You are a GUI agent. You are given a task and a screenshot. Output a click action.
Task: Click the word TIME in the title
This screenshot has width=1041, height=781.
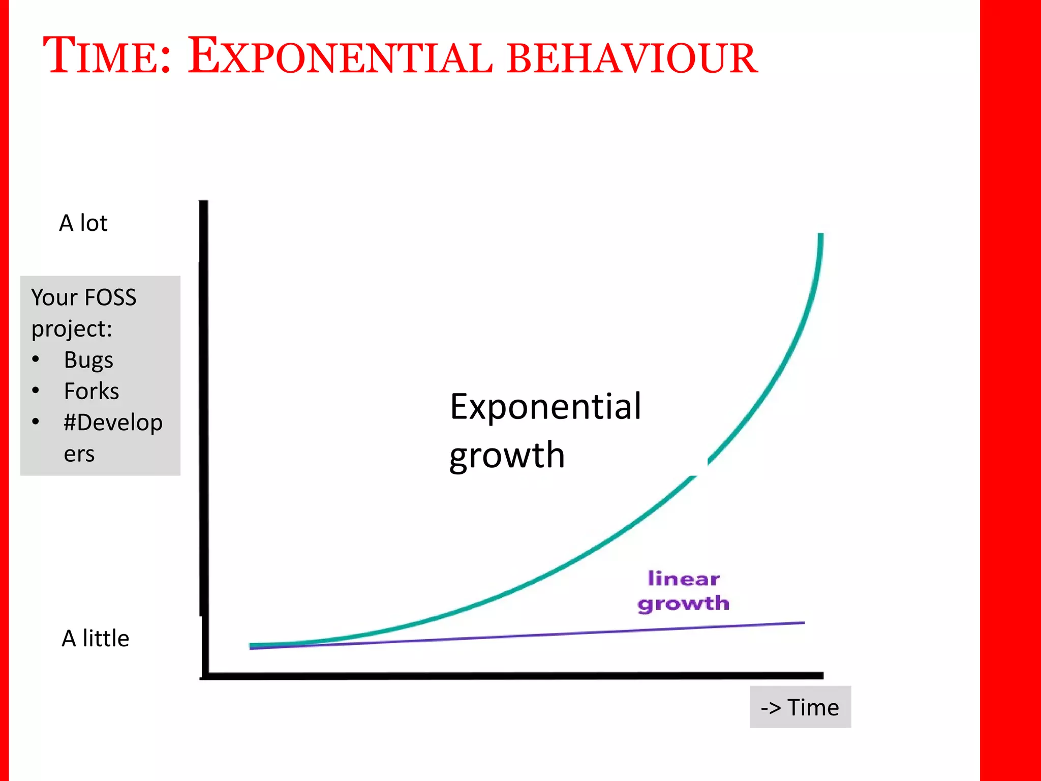coord(107,56)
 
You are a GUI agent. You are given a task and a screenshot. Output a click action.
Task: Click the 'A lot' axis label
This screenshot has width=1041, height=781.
coord(83,223)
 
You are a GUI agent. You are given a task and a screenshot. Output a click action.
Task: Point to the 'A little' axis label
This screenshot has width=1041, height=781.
coord(95,639)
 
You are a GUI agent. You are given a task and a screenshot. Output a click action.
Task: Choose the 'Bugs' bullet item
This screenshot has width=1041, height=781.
coord(88,361)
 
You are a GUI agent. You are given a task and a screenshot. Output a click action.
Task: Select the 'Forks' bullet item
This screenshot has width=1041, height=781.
coord(91,392)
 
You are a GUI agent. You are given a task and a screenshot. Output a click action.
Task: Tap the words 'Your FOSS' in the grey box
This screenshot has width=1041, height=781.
coord(84,297)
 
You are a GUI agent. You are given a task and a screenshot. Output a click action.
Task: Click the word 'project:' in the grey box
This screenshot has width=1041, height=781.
coord(72,329)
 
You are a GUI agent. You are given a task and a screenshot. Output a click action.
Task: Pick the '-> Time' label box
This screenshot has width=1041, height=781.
coord(800,707)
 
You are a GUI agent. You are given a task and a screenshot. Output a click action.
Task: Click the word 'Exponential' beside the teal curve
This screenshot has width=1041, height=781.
coord(545,407)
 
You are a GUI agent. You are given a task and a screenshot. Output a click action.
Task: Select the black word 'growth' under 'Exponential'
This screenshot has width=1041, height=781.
coord(507,455)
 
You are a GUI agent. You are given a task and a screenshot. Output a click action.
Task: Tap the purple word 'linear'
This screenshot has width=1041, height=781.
coord(684,579)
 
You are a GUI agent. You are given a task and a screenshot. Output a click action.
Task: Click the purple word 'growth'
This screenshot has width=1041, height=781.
coord(684,604)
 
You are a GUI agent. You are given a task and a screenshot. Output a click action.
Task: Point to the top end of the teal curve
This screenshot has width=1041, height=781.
coord(820,235)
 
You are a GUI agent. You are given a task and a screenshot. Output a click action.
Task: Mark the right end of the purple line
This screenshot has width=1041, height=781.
coord(803,622)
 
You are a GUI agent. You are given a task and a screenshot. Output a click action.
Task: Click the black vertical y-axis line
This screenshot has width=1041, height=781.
coord(204,432)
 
